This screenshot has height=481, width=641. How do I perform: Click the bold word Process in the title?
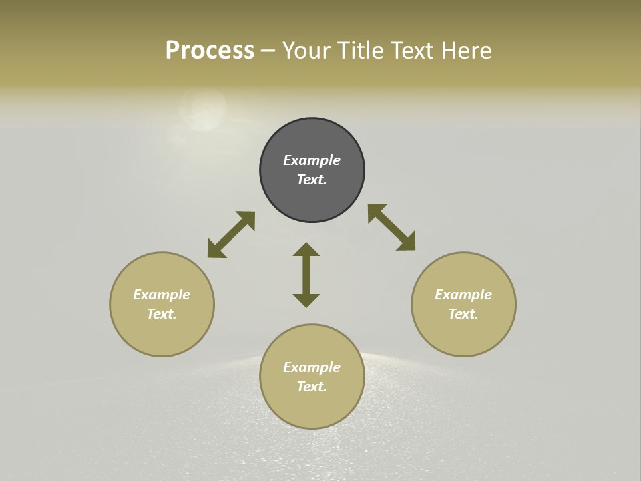point(210,51)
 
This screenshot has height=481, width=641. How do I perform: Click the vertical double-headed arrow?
point(306,275)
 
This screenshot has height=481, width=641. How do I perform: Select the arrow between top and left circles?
point(231,234)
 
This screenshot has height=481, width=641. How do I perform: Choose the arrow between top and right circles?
point(391,227)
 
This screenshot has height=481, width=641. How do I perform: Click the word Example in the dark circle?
point(312,160)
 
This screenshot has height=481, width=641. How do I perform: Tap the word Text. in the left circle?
point(162,314)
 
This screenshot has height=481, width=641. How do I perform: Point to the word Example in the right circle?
point(463,295)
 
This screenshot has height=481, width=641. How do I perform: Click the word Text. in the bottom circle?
point(312,387)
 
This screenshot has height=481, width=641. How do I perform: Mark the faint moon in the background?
point(203,111)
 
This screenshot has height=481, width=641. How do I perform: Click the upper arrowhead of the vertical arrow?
point(306,250)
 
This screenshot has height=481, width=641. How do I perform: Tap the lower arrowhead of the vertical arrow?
point(306,300)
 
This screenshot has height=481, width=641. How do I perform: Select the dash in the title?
point(268,51)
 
